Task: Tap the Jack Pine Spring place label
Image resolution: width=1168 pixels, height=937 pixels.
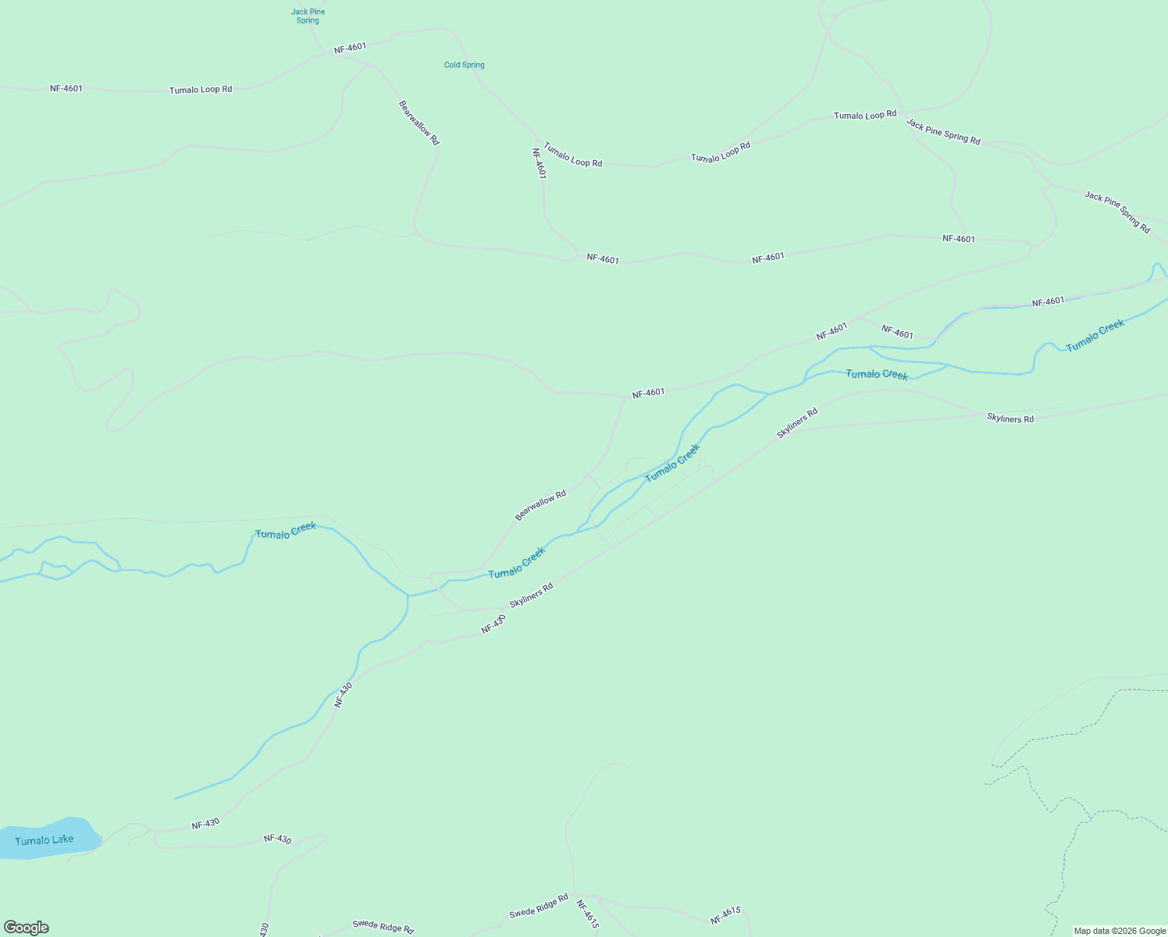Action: point(308,16)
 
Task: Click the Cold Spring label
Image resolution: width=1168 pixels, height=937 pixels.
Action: point(464,65)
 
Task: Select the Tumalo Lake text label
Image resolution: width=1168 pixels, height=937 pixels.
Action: point(45,840)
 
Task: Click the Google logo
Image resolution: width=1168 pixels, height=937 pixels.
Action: point(26,928)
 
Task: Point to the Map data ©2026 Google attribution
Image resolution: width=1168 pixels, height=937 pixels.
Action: point(1120,931)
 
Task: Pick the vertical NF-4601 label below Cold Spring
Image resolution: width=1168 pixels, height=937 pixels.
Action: point(539,164)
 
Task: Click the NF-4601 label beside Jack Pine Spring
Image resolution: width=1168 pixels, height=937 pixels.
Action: point(350,48)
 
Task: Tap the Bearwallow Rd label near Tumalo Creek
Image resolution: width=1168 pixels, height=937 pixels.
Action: point(540,506)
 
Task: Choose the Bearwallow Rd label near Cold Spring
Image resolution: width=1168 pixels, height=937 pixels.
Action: point(419,123)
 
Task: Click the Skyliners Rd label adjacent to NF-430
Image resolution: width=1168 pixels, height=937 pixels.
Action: point(531,595)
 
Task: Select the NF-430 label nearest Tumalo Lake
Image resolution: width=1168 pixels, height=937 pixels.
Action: point(205,824)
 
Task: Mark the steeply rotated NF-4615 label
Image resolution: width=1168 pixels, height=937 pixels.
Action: point(588,914)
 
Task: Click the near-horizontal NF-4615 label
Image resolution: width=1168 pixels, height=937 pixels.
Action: point(725,916)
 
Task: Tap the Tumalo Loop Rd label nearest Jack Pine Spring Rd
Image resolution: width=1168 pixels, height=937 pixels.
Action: point(865,116)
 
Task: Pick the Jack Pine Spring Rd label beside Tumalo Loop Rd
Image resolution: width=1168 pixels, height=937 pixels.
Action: point(943,131)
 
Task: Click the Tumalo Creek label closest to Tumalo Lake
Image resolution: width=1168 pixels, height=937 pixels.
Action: point(286,530)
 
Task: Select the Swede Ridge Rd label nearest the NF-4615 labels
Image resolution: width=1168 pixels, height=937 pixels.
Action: point(539,907)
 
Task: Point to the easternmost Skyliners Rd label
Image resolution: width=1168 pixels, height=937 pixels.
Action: point(1010,419)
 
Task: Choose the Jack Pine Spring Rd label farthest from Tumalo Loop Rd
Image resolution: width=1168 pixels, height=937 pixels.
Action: point(1117,212)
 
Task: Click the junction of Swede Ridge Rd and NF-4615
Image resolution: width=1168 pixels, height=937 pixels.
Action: point(574,895)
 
